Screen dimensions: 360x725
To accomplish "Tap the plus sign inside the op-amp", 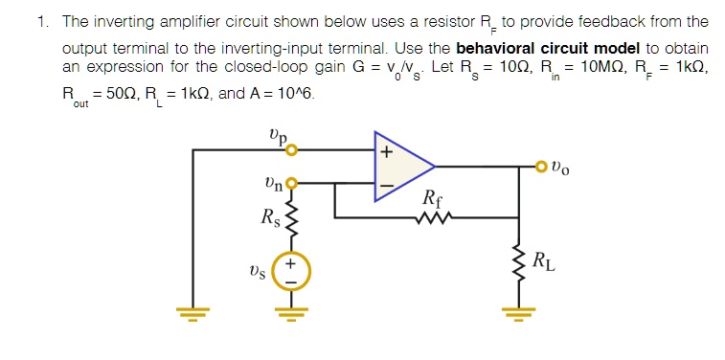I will pos(387,152).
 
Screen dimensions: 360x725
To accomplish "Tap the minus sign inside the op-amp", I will pos(387,186).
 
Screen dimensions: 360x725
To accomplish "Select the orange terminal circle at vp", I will pos(292,149).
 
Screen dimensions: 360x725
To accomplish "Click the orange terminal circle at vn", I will pos(292,182).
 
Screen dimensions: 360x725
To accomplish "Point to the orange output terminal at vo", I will pos(543,169).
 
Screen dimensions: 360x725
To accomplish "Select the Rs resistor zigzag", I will pos(293,223).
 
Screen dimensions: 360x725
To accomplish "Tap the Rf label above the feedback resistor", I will pos(432,199).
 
